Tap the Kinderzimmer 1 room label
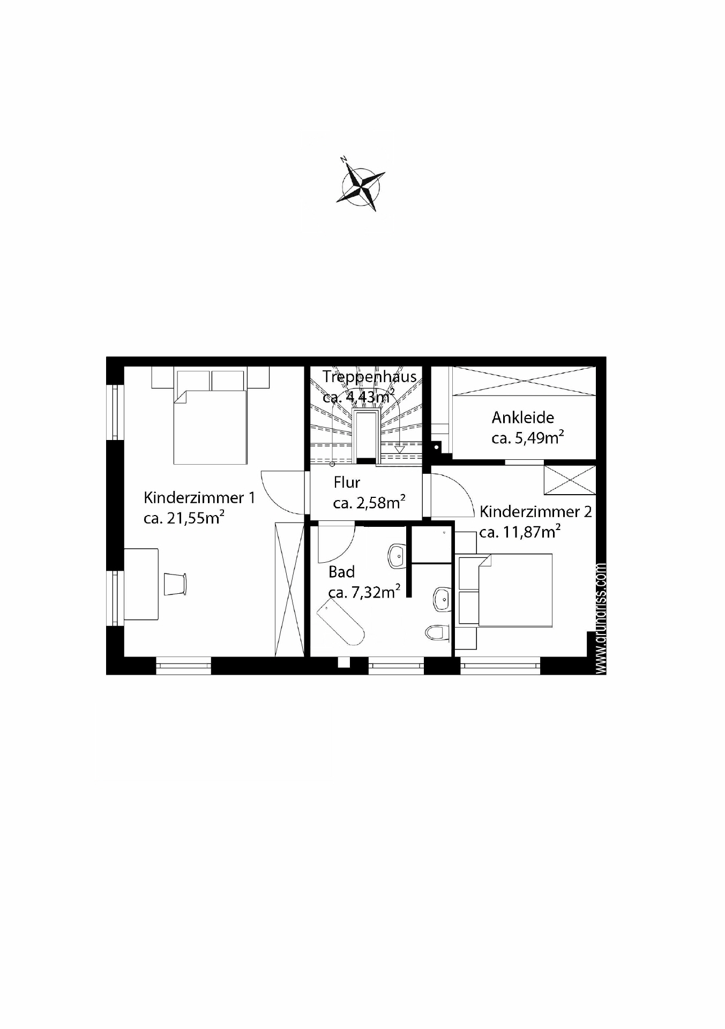point(199,498)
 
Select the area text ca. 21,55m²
point(184,518)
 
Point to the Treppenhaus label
point(370,376)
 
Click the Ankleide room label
point(523,417)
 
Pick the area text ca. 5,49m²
point(527,437)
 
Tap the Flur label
point(347,482)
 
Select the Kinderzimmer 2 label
point(536,512)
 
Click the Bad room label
point(342,572)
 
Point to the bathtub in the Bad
point(341,622)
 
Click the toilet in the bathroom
point(437,633)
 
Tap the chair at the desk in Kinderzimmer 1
point(175,584)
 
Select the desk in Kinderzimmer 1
point(141,584)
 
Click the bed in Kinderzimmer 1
point(210,423)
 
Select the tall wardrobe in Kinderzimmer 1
point(289,588)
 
